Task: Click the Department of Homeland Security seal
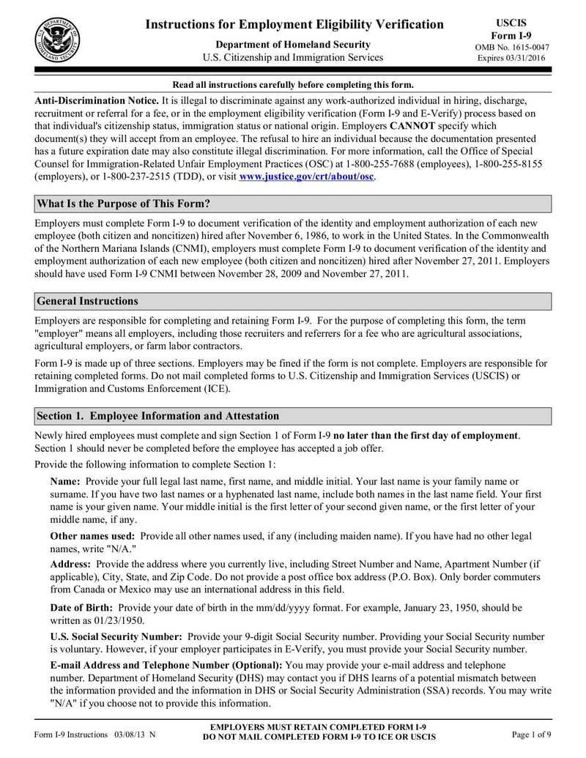pos(57,38)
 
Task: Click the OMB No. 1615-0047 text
pos(511,48)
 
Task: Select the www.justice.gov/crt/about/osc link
pos(307,177)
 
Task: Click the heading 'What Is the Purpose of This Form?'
pos(128,204)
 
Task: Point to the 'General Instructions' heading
pos(87,301)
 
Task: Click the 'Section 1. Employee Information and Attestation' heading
pos(157,416)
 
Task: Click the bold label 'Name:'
pos(65,481)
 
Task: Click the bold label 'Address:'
pos(70,564)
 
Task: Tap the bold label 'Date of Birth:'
pos(81,607)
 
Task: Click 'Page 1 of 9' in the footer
pos(531,734)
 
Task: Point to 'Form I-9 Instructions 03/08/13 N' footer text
pos(94,734)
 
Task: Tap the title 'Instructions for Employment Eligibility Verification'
pos(294,25)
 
